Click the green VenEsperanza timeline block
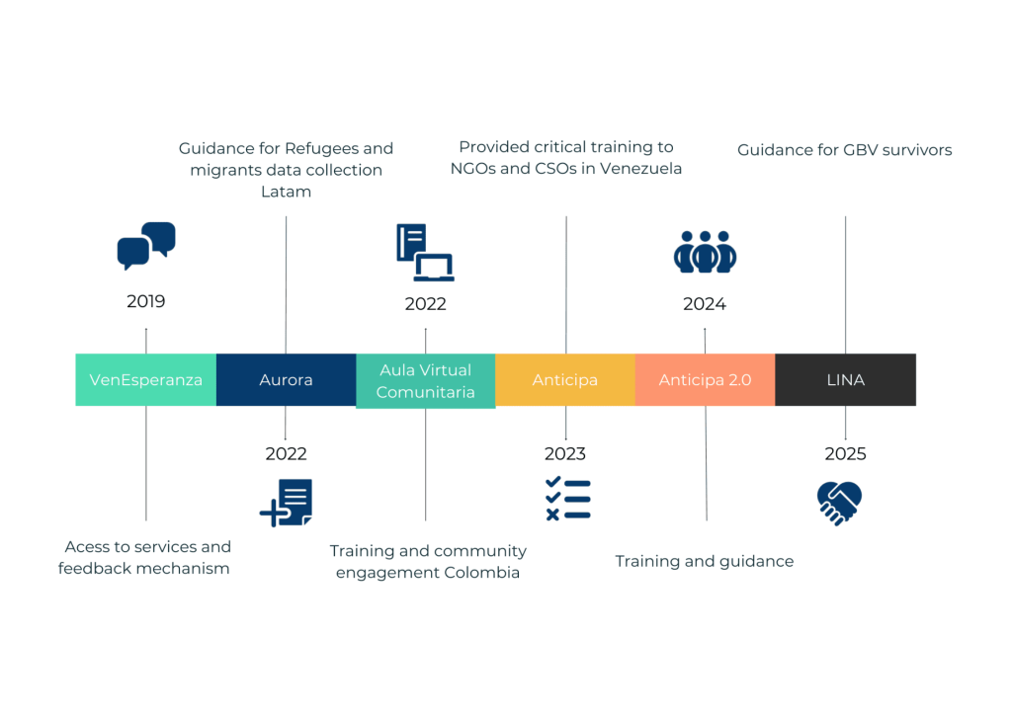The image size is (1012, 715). point(145,379)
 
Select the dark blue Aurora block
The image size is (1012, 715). point(286,379)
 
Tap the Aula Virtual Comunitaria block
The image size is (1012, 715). point(425,381)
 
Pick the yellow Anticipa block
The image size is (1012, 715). point(564,379)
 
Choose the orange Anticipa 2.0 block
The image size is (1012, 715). point(705,379)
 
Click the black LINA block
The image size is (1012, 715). point(845,379)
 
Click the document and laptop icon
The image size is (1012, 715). point(425,253)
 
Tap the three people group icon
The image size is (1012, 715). point(705,253)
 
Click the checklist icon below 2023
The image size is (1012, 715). point(568,499)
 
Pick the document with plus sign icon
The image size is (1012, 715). point(286,503)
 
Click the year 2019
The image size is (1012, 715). point(146,301)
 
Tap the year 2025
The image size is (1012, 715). point(845,454)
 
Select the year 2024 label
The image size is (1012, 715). point(705,304)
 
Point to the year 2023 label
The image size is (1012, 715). point(564,454)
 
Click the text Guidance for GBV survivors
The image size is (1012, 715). point(845,150)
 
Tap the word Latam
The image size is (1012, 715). point(286,192)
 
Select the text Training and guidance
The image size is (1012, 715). point(704,561)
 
